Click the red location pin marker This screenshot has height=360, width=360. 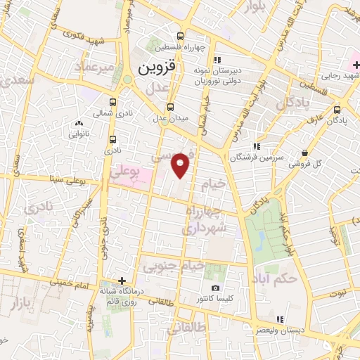(x=181, y=165)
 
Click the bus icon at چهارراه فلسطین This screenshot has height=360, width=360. (x=181, y=37)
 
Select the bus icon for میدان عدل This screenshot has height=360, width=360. (x=171, y=107)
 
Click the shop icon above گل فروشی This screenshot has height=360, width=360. (x=304, y=153)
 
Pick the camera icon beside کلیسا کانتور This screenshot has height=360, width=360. (x=215, y=288)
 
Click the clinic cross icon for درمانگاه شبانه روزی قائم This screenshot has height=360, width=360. (x=122, y=281)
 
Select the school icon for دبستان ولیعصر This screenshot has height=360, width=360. (x=279, y=319)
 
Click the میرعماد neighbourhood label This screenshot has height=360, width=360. (x=96, y=66)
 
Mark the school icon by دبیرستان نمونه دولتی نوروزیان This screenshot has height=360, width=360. (x=218, y=60)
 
